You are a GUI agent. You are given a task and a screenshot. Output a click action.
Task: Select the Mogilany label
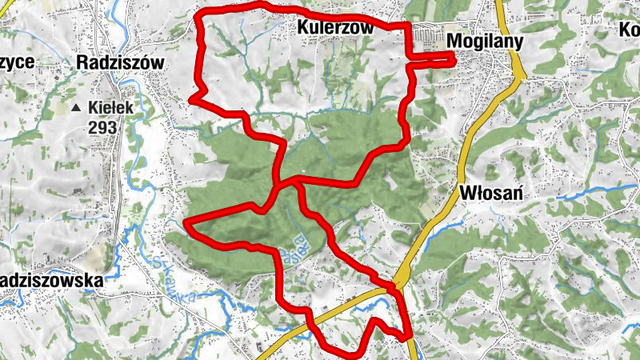(486, 42)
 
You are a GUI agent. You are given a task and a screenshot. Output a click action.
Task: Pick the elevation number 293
(103, 127)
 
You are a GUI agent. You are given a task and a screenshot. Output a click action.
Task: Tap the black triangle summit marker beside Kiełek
(75, 107)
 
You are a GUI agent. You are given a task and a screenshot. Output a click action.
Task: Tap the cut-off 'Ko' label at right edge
(629, 29)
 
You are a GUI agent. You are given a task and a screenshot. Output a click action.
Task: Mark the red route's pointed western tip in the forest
(186, 222)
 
